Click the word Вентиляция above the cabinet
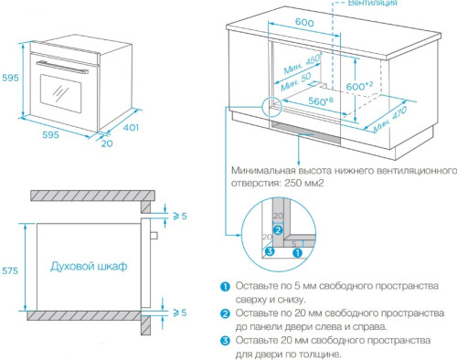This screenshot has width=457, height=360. [369, 5]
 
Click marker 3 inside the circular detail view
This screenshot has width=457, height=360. [268, 252]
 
